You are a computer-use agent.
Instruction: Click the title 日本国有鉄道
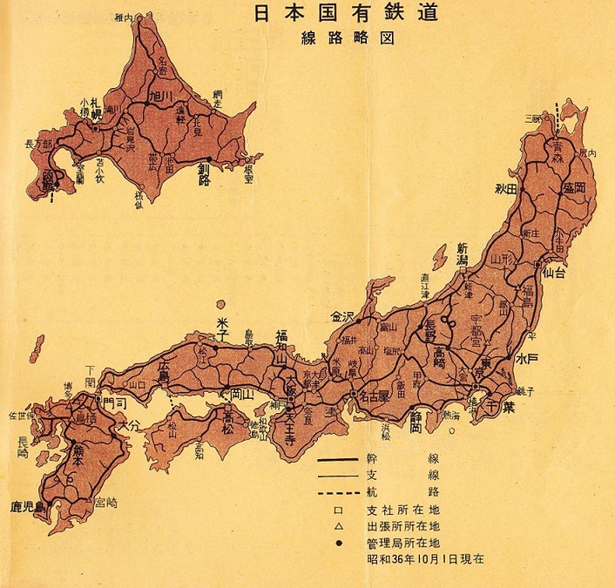click(x=345, y=15)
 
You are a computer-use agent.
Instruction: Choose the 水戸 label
click(x=525, y=358)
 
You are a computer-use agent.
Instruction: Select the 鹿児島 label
click(x=28, y=506)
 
